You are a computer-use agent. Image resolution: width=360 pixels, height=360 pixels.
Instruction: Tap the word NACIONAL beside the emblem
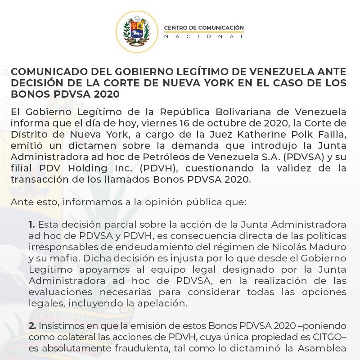click(x=204, y=37)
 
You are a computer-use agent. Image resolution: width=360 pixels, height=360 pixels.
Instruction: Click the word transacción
click(x=37, y=179)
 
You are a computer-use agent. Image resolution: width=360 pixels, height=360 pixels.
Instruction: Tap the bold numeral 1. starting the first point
click(x=32, y=224)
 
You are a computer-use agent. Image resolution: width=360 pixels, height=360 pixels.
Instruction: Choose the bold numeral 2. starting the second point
click(x=32, y=325)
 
